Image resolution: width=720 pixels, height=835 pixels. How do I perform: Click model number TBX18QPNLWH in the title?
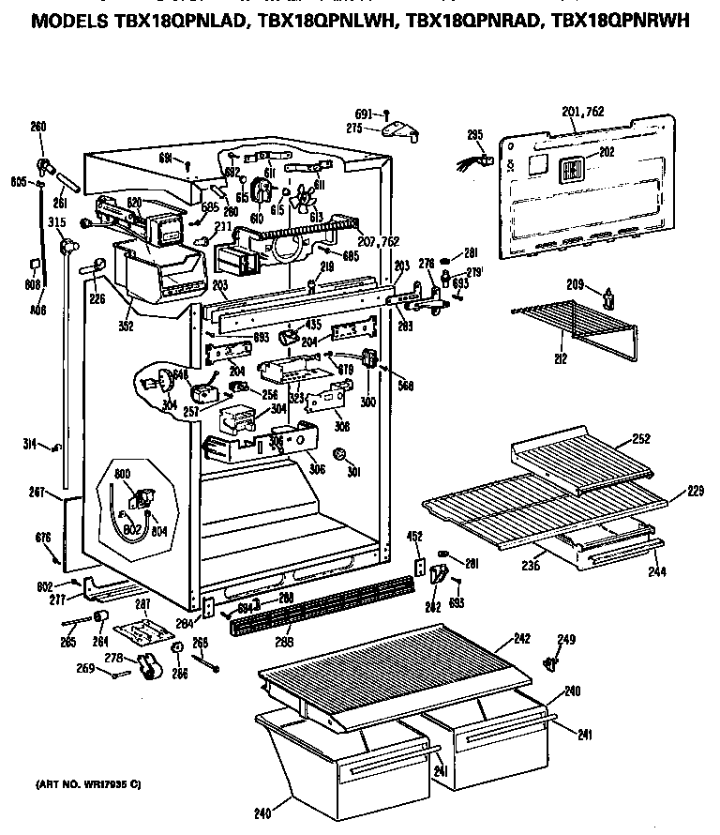click(316, 22)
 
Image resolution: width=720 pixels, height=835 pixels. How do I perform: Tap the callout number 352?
click(126, 327)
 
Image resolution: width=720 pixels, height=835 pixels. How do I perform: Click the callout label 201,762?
click(583, 112)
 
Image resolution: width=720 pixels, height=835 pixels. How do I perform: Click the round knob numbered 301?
click(340, 456)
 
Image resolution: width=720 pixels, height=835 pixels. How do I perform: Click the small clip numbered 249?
click(551, 664)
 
